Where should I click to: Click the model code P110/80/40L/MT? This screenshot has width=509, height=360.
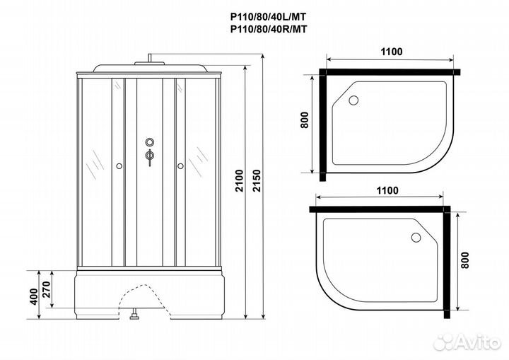(268, 16)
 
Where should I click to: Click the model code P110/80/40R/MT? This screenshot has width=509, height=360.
(269, 29)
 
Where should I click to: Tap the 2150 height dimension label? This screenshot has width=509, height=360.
(257, 180)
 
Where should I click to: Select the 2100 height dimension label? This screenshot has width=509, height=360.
(239, 180)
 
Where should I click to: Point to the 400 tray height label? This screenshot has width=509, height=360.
(34, 296)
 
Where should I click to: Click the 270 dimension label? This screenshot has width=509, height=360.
(47, 289)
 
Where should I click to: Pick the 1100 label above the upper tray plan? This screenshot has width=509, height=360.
(392, 52)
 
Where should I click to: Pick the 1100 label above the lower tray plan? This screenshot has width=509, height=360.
(387, 190)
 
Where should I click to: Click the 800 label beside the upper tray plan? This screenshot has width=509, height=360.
(304, 120)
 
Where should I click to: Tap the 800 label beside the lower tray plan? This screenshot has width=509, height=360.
(465, 260)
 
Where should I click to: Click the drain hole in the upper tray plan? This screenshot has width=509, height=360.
(353, 100)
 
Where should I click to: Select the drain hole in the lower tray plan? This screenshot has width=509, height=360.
(416, 238)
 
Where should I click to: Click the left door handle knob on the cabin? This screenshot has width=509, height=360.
(119, 166)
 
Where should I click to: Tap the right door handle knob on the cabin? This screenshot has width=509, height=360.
(180, 166)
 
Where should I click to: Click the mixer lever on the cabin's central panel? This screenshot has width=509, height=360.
(149, 157)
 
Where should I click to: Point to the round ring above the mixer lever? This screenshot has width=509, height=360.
(149, 141)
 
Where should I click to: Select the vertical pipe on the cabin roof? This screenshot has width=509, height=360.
(150, 58)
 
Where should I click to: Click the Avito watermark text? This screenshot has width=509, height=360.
(477, 342)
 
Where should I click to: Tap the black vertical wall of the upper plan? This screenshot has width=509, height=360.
(322, 125)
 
